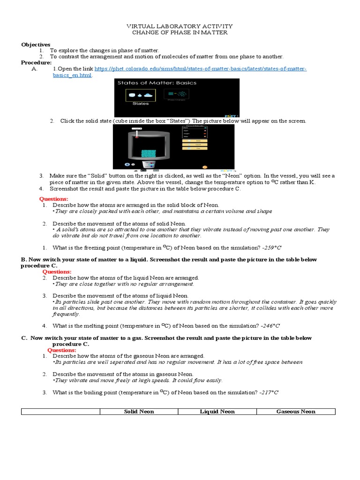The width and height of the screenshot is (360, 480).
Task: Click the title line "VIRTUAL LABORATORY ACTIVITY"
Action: click(x=180, y=26)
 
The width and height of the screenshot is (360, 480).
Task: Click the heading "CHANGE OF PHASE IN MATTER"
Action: click(x=180, y=33)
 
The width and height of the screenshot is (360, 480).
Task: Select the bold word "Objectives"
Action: click(x=35, y=44)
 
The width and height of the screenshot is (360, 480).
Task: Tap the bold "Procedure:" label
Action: click(x=36, y=62)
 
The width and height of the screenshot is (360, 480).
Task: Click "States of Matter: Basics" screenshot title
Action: click(x=157, y=83)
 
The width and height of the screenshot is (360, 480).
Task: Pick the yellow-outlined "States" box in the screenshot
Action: click(x=141, y=96)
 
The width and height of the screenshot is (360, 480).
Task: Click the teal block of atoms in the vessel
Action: click(x=148, y=153)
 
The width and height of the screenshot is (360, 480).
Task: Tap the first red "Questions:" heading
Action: click(x=53, y=199)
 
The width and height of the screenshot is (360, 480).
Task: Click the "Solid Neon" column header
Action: click(x=139, y=412)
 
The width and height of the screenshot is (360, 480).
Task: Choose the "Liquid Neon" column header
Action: click(x=217, y=412)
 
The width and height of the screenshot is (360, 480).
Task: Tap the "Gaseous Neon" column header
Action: click(x=296, y=412)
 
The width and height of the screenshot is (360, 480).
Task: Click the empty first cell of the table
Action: click(x=61, y=412)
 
